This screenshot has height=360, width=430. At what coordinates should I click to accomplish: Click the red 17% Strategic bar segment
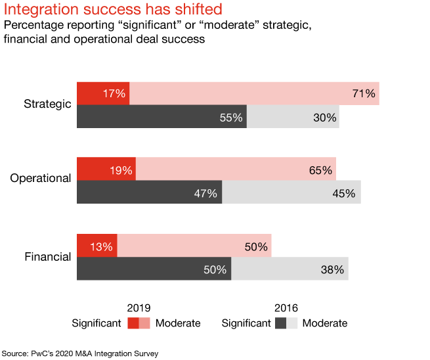point(103,93)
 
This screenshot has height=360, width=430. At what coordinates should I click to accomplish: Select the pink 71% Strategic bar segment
point(254,93)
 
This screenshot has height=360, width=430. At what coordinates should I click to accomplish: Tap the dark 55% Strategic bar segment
point(161,117)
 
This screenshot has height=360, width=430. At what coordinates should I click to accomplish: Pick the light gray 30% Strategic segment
point(293,117)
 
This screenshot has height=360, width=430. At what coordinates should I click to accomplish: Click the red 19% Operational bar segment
point(106,169)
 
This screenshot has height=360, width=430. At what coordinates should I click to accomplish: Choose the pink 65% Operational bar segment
point(236,169)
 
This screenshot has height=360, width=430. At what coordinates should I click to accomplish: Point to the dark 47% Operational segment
point(150,192)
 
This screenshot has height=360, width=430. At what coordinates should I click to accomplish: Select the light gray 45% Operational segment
point(291,192)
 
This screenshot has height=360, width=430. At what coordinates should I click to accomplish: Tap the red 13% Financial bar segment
point(97,246)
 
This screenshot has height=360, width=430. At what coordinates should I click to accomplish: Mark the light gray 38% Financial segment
point(290,269)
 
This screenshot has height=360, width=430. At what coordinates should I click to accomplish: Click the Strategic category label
point(47,104)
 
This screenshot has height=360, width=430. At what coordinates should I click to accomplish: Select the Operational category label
point(41,179)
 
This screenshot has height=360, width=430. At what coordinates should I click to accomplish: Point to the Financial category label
point(47,257)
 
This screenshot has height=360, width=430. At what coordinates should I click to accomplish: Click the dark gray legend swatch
point(280,323)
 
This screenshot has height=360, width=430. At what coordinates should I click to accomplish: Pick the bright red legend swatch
point(133,323)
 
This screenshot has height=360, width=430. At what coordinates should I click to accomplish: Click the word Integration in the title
point(40,10)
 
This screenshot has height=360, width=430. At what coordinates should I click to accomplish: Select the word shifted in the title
point(199,10)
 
